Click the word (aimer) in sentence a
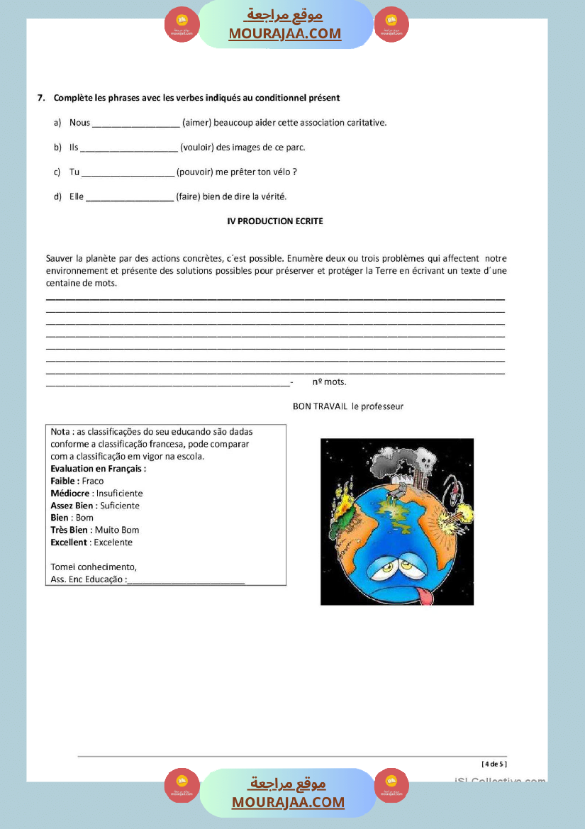pyautogui.click(x=196, y=123)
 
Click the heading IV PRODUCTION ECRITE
pyautogui.click(x=275, y=221)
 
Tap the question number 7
pyautogui.click(x=40, y=98)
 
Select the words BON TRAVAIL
pyautogui.click(x=320, y=406)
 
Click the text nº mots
pyautogui.click(x=329, y=382)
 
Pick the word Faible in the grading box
pyautogui.click(x=65, y=481)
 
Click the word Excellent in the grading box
pyautogui.click(x=69, y=543)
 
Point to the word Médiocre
pyautogui.click(x=69, y=493)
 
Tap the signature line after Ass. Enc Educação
pyautogui.click(x=186, y=580)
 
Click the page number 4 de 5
pyautogui.click(x=494, y=764)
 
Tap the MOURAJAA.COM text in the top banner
pyautogui.click(x=284, y=33)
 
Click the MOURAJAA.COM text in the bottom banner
pyautogui.click(x=288, y=803)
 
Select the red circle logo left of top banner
pyautogui.click(x=182, y=25)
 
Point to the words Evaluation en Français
pyautogui.click(x=98, y=469)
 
